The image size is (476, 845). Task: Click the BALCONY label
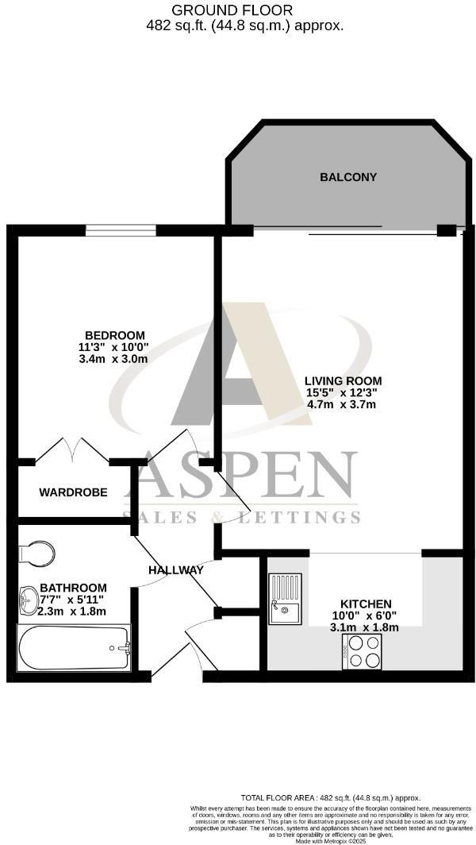[x=348, y=177]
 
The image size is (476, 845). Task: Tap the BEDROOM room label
[x=116, y=334]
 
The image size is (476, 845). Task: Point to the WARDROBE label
[x=73, y=492]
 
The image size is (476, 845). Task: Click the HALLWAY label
[x=176, y=570]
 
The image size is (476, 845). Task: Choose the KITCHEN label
[x=366, y=604]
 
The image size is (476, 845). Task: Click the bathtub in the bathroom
[x=74, y=647]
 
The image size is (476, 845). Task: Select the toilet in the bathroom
[x=37, y=552]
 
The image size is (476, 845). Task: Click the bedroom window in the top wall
[x=121, y=230]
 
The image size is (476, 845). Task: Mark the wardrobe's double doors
[x=73, y=451]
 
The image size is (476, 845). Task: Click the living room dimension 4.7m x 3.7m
[x=340, y=404]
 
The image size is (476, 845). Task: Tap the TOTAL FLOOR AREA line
[x=331, y=797]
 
